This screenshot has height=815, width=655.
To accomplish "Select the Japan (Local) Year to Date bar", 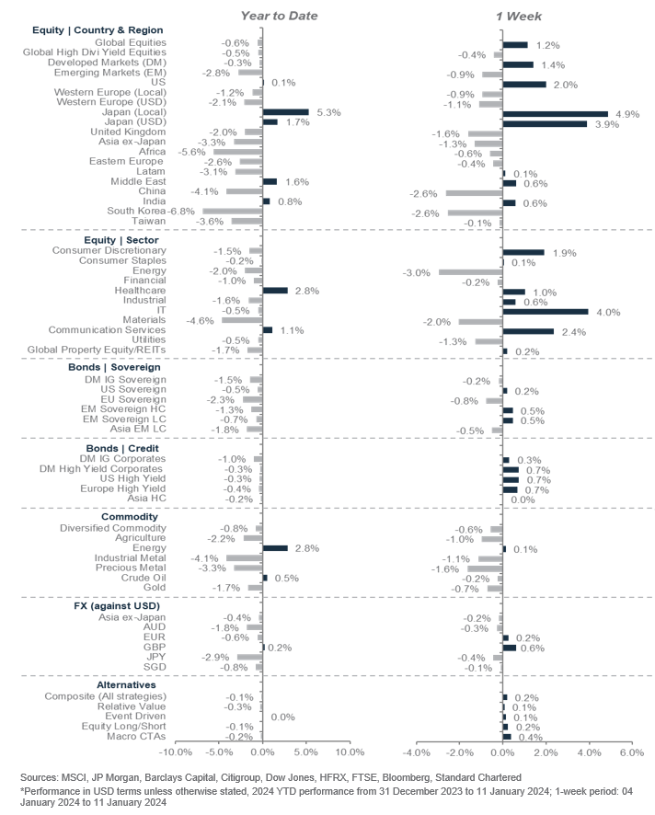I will coord(285,111).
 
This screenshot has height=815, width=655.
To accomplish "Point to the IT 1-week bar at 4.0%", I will coord(546,311).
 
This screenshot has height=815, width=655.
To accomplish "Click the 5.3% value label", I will coord(328,111).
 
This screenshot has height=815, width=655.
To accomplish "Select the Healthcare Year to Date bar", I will coord(275,291).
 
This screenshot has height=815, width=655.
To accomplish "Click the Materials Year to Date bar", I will coord(242,320).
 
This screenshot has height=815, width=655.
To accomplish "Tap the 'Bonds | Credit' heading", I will coord(70,447).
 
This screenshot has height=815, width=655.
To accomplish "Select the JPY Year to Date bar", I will coord(249,657).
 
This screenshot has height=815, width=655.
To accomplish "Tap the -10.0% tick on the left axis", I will coord(175,752).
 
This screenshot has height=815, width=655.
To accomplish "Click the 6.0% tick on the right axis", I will coord(630,752).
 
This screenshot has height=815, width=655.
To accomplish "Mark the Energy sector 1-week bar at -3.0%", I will coord(470,271).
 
